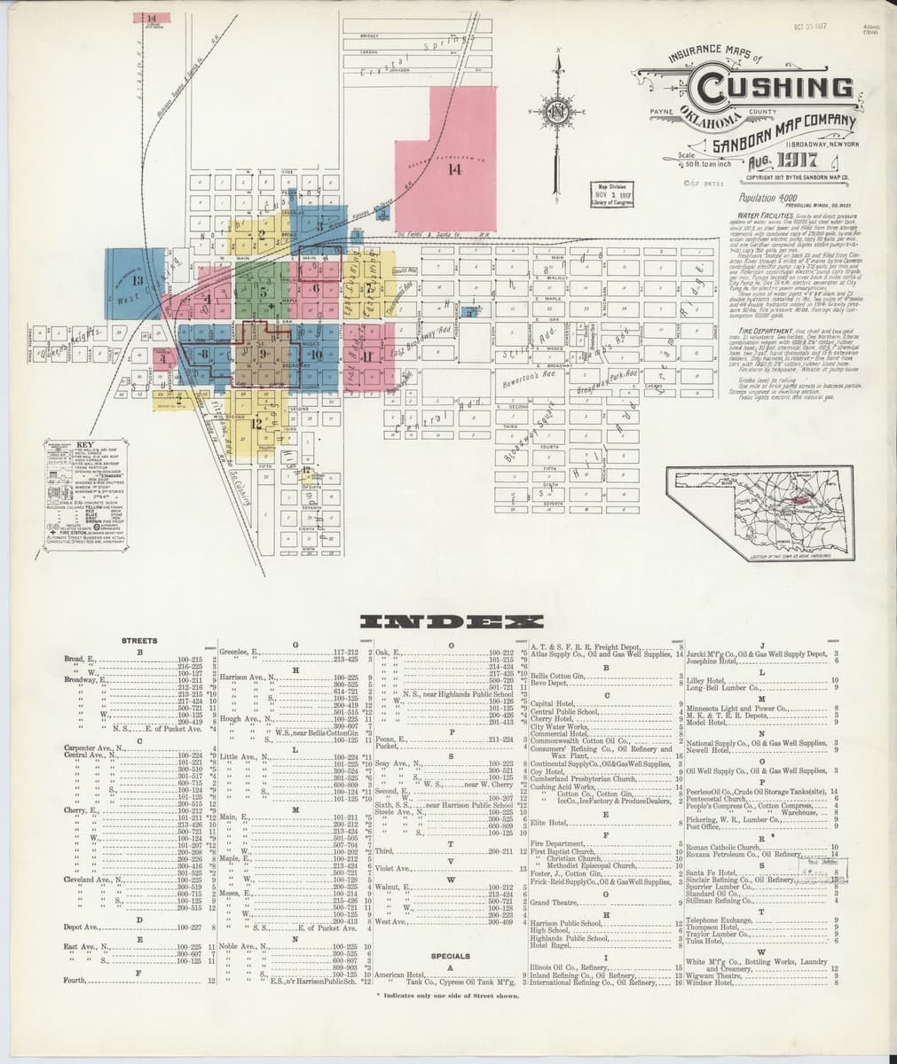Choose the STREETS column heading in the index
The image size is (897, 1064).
coord(139,640)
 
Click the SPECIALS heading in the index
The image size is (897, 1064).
coord(450,957)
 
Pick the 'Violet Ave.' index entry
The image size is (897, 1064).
coord(392,868)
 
